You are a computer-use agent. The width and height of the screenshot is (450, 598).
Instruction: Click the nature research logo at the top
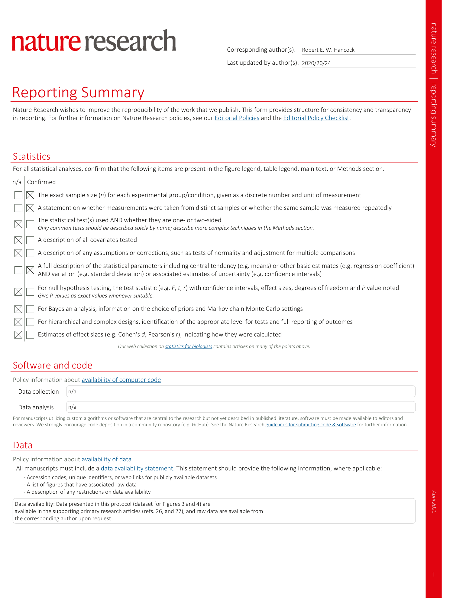94,41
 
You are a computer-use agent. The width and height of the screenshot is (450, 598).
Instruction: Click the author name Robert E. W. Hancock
328,50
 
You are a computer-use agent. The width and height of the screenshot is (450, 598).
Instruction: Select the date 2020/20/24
316,63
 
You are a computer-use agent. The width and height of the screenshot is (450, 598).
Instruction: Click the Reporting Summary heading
78,93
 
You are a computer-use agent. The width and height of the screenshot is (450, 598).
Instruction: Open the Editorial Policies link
237,118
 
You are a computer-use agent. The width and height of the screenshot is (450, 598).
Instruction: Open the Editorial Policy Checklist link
316,118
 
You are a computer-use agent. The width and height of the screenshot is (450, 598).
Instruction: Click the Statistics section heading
31,157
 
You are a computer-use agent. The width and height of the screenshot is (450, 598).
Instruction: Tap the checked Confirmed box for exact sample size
30,195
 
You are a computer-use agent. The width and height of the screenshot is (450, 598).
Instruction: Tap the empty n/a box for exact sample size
18,195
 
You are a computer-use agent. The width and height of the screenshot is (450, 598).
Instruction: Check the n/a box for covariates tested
18,240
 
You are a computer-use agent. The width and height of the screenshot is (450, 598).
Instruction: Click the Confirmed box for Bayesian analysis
30,309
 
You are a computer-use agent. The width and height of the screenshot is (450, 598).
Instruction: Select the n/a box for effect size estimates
18,335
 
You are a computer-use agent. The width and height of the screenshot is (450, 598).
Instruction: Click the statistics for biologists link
188,346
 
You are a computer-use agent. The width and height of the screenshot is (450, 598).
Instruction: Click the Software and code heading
52,366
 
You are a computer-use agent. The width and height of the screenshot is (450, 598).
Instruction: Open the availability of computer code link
121,380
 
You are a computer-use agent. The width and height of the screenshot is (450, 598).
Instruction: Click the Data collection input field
241,392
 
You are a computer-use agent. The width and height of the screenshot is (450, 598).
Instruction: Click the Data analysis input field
241,407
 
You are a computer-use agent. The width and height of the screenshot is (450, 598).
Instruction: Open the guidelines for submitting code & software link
310,425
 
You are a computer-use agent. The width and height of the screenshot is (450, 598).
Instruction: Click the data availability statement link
137,469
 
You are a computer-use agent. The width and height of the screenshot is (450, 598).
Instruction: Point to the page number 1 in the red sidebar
433,574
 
